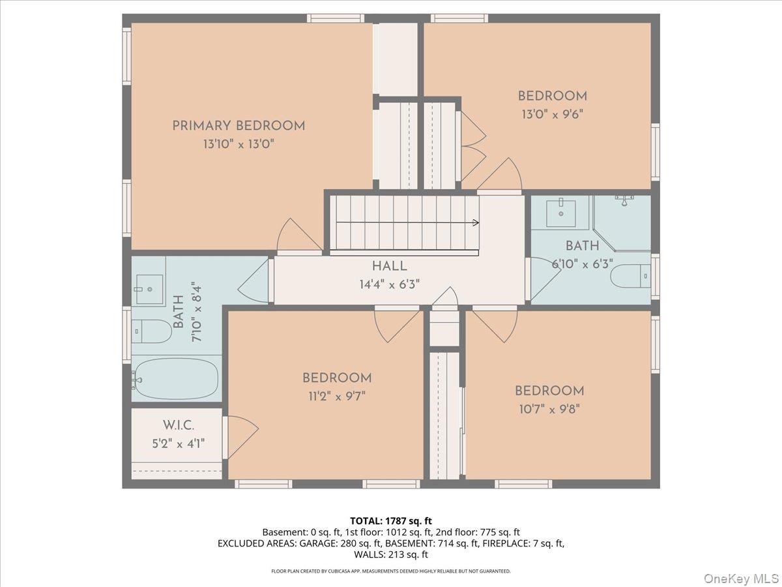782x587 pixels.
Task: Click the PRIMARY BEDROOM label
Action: pyautogui.click(x=239, y=126)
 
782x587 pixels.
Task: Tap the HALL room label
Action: pyautogui.click(x=390, y=266)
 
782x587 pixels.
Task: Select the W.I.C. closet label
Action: pyautogui.click(x=179, y=425)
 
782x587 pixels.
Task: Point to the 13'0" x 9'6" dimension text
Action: pyautogui.click(x=552, y=114)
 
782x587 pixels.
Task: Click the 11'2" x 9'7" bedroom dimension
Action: pyautogui.click(x=337, y=396)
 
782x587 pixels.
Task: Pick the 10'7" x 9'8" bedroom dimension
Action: pyautogui.click(x=549, y=409)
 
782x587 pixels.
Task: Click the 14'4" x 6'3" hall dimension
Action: pyautogui.click(x=390, y=284)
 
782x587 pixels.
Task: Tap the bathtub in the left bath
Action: pyautogui.click(x=176, y=378)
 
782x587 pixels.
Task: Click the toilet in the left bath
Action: pyautogui.click(x=152, y=331)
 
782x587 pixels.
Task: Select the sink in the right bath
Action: pyautogui.click(x=561, y=213)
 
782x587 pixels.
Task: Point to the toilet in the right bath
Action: pyautogui.click(x=631, y=276)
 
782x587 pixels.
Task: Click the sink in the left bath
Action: pyautogui.click(x=149, y=289)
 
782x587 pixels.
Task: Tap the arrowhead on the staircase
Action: pyautogui.click(x=476, y=223)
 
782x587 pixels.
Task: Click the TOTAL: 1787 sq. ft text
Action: pyautogui.click(x=391, y=521)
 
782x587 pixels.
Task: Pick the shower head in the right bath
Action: pyautogui.click(x=624, y=200)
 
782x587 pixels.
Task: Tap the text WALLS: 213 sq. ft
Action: pyautogui.click(x=391, y=554)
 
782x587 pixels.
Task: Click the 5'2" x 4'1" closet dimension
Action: pyautogui.click(x=179, y=444)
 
